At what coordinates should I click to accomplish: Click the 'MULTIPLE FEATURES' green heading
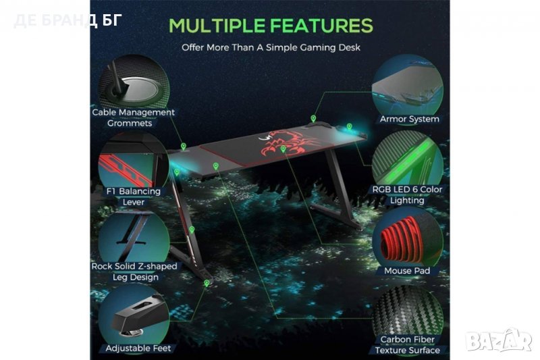(271, 26)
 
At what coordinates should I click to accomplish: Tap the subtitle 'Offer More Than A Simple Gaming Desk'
(271, 47)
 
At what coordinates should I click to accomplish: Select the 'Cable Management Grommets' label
(133, 118)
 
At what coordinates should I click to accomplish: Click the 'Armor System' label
(410, 119)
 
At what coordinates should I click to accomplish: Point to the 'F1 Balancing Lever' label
(134, 197)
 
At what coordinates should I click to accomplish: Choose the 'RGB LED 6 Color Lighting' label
(407, 195)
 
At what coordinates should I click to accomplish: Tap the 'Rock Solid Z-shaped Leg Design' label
(134, 272)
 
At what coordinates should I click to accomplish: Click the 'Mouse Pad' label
(407, 271)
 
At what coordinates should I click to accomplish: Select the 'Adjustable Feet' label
(138, 349)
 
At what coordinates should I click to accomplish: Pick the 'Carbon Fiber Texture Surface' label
(408, 345)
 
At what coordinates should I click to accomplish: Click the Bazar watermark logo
(499, 340)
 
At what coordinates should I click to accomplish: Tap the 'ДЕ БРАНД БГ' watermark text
(68, 20)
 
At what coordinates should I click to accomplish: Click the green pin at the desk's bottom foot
(207, 283)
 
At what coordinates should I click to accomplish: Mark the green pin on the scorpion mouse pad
(283, 149)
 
